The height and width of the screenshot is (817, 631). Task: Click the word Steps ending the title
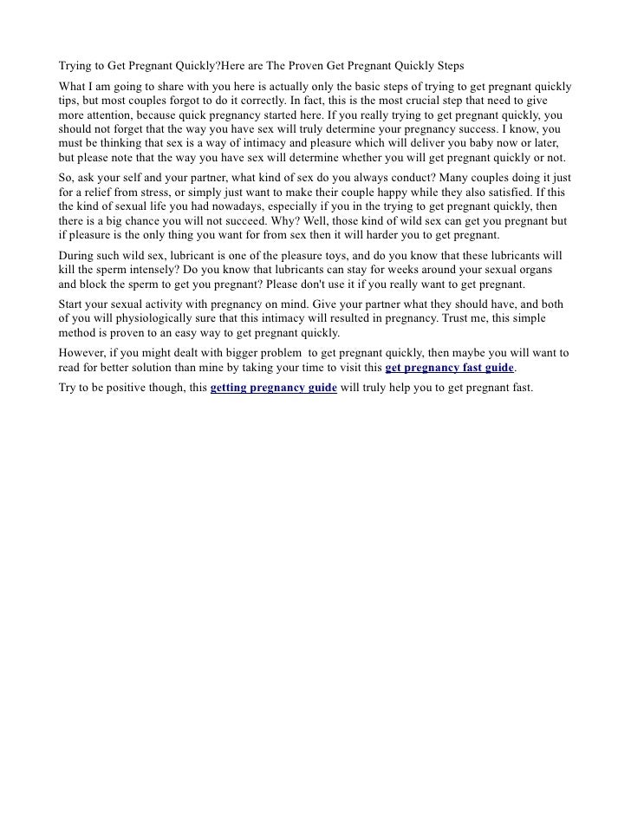point(446,68)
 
